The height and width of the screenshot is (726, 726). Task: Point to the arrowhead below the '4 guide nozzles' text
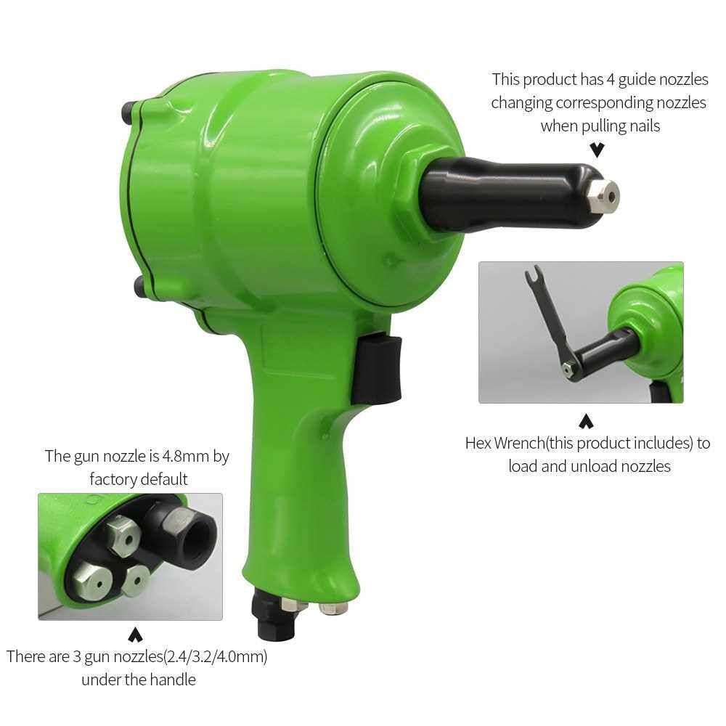tap(597, 150)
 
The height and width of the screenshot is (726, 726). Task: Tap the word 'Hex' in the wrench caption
tap(478, 443)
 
